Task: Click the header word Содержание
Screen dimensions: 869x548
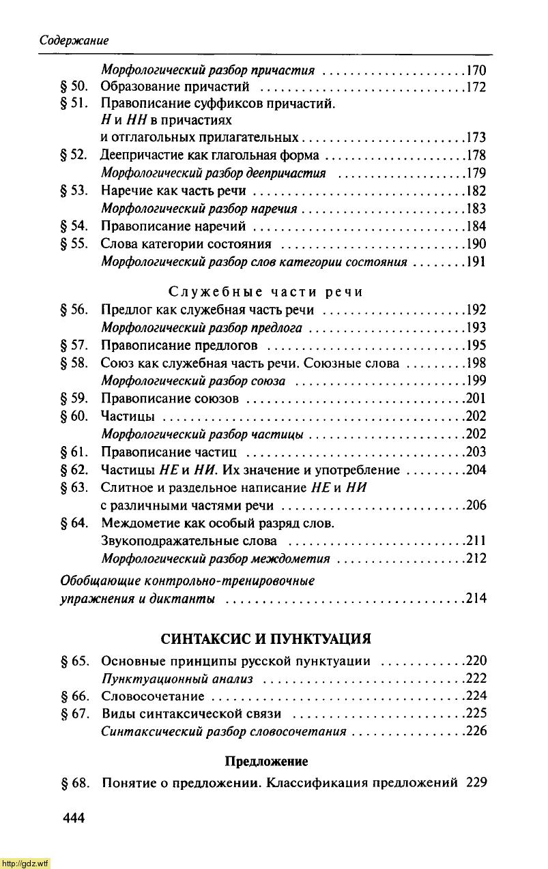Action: (x=74, y=40)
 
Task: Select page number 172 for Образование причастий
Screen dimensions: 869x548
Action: (x=475, y=87)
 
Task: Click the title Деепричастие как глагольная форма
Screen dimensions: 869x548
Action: (x=210, y=156)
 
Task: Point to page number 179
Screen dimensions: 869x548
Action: (x=475, y=173)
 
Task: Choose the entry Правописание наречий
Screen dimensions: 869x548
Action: (x=173, y=226)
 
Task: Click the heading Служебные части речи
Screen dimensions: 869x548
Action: (x=265, y=292)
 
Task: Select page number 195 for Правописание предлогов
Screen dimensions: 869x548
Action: (x=475, y=345)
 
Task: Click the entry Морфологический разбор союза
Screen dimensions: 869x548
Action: (x=193, y=381)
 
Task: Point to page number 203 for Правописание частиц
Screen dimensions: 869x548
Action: (x=475, y=452)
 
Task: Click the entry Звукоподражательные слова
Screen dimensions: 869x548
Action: (x=189, y=541)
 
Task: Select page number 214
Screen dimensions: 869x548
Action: (x=475, y=599)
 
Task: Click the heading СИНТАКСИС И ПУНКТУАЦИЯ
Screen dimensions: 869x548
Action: (x=266, y=639)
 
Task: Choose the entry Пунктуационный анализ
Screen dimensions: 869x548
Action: (x=177, y=679)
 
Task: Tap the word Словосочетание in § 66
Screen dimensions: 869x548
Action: (x=153, y=696)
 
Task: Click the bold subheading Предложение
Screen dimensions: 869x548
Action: (x=266, y=761)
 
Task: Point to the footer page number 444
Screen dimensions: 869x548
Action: (x=74, y=819)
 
